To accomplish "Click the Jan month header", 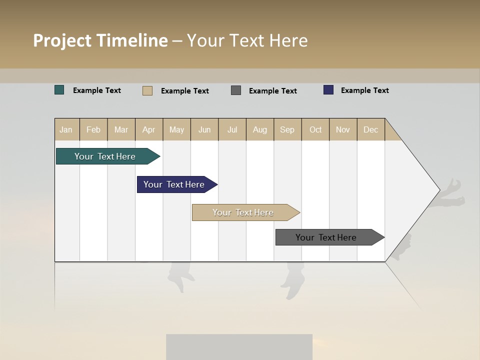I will (66, 129).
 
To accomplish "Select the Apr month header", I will (149, 129).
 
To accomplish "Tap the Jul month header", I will (232, 129).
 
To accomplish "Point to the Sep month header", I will (287, 129).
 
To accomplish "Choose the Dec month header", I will (370, 129).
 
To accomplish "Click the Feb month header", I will (93, 129).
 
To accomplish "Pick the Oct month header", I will (315, 129).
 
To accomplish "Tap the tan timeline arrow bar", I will (243, 212).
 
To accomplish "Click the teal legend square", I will (59, 90).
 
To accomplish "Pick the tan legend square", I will (147, 90).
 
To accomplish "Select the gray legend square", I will (236, 90).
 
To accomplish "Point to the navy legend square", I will (328, 90).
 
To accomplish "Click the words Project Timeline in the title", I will (100, 40).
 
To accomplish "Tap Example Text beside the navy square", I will (364, 90).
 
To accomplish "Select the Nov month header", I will (343, 129).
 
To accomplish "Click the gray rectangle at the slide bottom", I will (239, 347).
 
